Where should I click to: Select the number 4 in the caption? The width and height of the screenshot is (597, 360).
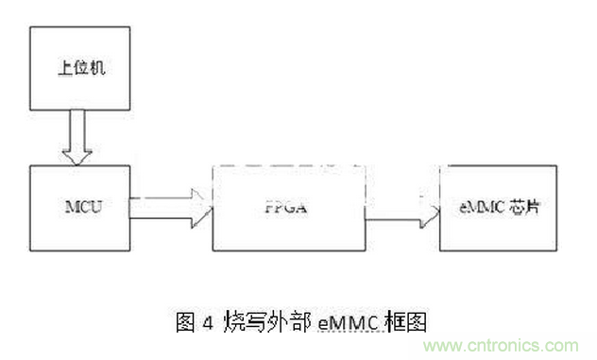pos(207,322)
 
